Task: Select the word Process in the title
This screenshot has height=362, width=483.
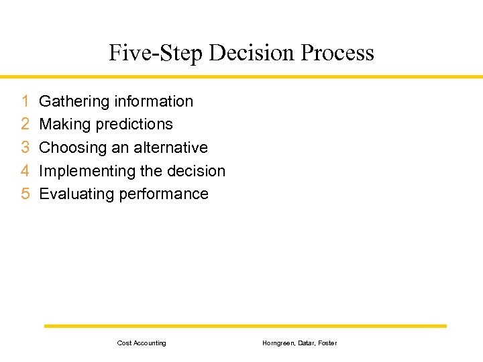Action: coord(337,52)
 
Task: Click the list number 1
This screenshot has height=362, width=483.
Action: coord(25,101)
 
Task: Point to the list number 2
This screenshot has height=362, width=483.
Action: coord(25,124)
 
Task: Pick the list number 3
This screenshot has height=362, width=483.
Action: coord(25,147)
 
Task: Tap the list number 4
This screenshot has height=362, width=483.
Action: coord(25,171)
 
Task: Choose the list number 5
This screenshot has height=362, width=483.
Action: coord(25,194)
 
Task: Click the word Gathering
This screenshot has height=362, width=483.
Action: coord(74,101)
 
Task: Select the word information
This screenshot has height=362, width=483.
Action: coord(154,101)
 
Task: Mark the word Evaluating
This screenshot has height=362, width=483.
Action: coord(76,194)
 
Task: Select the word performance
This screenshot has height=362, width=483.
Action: coord(164,194)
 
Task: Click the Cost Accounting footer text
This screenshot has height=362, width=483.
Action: coord(142,343)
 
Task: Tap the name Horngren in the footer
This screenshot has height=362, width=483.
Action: coord(276,343)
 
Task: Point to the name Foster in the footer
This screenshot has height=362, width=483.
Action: coord(327,343)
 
